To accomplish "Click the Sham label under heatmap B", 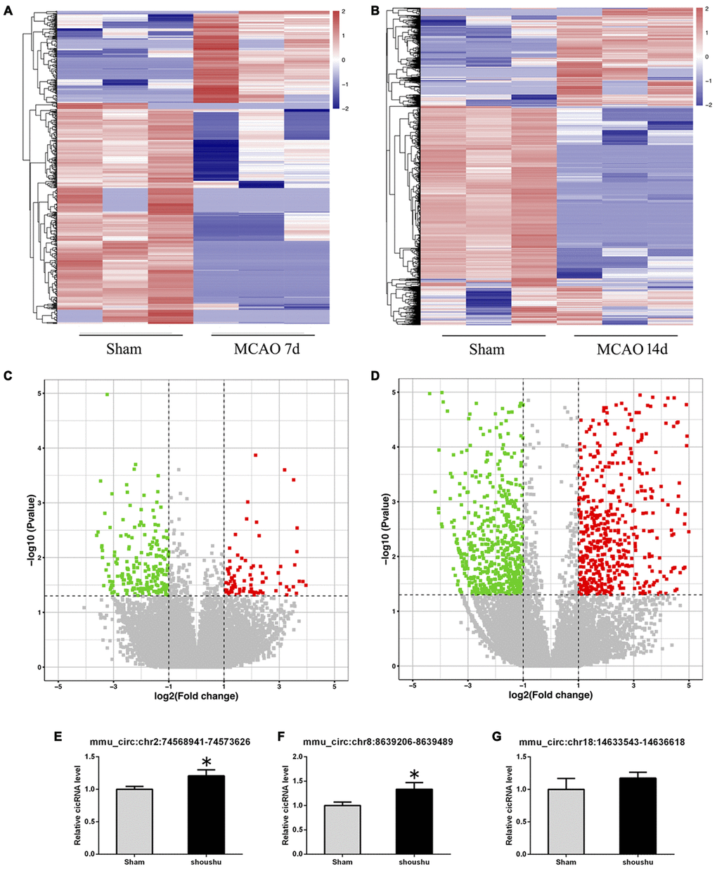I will pyautogui.click(x=486, y=349).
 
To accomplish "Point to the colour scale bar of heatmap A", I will pyautogui.click(x=335, y=60).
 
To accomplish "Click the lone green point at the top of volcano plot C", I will pyautogui.click(x=108, y=394).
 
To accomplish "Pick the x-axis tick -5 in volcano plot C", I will pyautogui.click(x=59, y=685).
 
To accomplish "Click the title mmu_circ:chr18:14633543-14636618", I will pyautogui.click(x=602, y=742).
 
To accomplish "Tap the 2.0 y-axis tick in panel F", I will pyautogui.click(x=297, y=757).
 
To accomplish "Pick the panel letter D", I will pyautogui.click(x=375, y=376).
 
